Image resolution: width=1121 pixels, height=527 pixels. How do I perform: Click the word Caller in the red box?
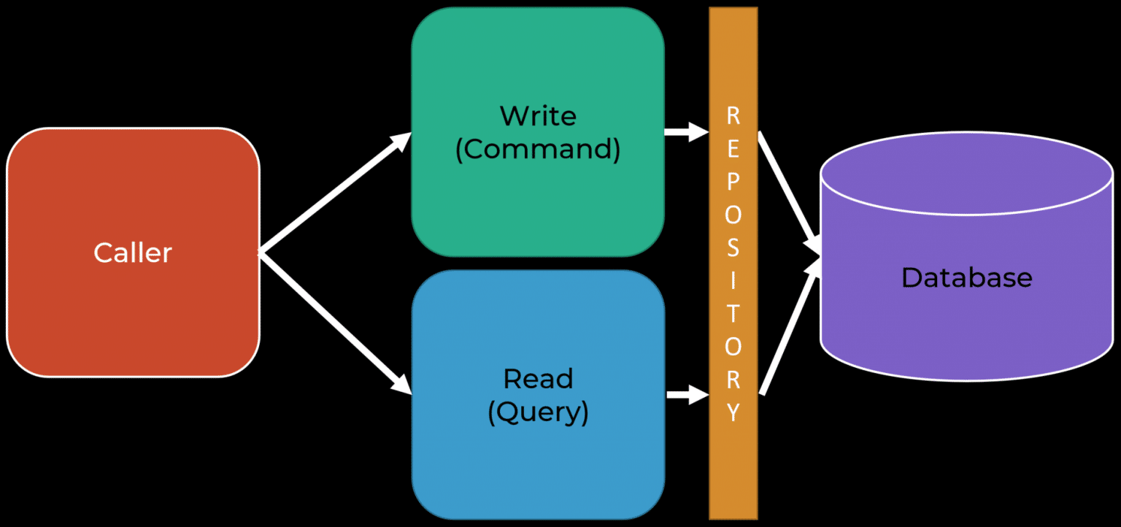click(x=133, y=253)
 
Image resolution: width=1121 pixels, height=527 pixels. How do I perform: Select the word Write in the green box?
click(x=538, y=115)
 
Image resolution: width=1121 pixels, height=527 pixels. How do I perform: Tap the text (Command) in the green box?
click(x=538, y=149)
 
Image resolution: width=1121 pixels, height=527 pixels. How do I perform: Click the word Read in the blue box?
click(x=538, y=379)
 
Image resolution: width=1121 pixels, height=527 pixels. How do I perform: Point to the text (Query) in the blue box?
click(x=538, y=412)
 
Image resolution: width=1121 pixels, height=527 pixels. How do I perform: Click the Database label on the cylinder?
click(x=966, y=277)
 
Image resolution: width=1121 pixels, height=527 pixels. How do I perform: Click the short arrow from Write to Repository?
click(x=686, y=133)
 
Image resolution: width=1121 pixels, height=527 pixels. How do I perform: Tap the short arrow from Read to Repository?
click(x=687, y=396)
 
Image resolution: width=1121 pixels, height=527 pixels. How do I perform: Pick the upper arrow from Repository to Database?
click(x=788, y=190)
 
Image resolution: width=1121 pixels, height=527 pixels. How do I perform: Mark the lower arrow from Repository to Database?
click(x=788, y=328)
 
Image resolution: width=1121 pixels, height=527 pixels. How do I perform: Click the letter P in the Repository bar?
click(x=733, y=182)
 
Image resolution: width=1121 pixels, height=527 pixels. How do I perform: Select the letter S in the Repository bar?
click(x=733, y=248)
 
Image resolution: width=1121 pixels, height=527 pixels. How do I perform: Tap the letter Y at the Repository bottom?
click(x=733, y=413)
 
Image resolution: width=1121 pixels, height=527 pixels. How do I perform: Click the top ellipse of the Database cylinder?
click(x=966, y=175)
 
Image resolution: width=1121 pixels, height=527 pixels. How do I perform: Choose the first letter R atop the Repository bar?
click(x=733, y=115)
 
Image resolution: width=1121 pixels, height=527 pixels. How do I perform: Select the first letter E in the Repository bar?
click(x=733, y=149)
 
